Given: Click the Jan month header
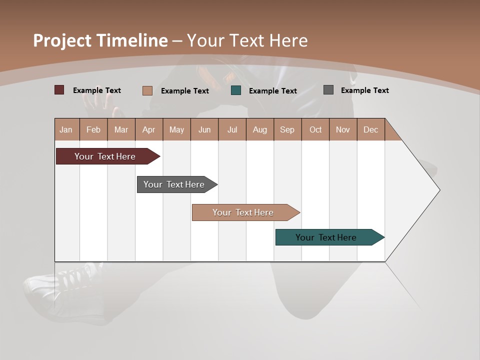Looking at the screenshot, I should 66,129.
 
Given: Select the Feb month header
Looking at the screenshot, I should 93,129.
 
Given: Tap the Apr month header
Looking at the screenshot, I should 149,129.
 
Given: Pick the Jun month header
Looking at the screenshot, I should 204,129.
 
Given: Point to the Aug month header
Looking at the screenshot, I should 260,129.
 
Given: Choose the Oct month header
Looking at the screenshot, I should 315,129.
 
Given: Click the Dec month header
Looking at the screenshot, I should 371,129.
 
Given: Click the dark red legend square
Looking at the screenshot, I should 59,90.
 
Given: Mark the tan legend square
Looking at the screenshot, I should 147,90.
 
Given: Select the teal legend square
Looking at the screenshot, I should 236,90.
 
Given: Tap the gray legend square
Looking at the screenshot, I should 328,90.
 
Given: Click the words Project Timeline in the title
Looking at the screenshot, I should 100,40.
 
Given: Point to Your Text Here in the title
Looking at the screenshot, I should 247,40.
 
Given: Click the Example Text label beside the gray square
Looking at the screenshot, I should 364,90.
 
